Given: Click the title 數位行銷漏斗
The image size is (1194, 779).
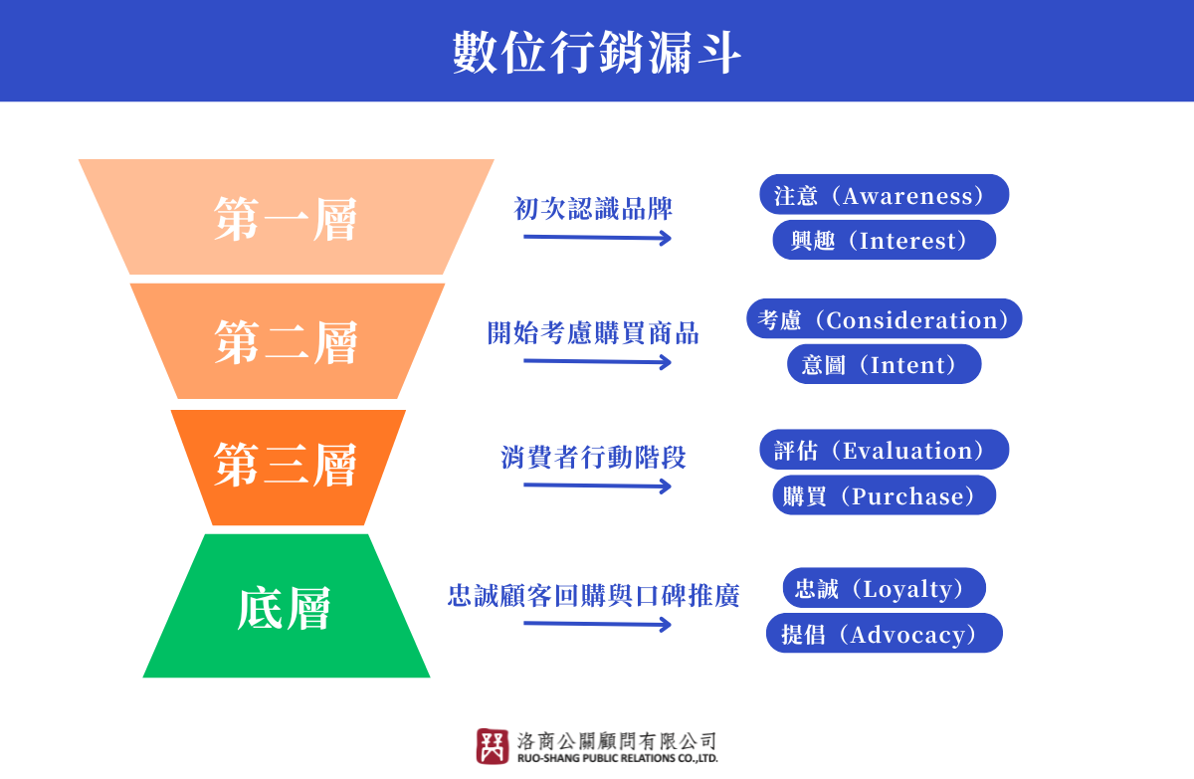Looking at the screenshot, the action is point(596,52).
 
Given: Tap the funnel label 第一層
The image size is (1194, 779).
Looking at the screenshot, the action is point(286,219).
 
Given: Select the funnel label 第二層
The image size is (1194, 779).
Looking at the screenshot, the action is point(286,342).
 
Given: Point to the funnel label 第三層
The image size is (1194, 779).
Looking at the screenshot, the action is point(286,466).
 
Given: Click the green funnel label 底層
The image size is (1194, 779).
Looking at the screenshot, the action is point(285,608).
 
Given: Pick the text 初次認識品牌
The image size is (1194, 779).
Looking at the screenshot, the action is point(593,208).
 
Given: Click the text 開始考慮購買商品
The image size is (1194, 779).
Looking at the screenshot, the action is point(593,333).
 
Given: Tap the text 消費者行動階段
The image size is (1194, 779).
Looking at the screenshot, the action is point(593,458).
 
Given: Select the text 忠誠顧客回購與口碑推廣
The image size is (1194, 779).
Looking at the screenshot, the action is point(593,595).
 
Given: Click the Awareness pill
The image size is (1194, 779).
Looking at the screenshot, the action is point(885,194).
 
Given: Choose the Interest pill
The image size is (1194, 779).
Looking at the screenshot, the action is point(885,240).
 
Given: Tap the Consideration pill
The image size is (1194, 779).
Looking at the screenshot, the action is point(885,318).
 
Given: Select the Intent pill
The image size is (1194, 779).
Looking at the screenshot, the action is point(885,364).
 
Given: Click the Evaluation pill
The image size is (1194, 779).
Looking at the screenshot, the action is point(885,449).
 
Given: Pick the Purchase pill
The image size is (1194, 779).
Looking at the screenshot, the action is point(885,495).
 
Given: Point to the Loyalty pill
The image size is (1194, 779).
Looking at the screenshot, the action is point(885,588).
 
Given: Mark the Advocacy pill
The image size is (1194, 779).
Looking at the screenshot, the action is point(885,633).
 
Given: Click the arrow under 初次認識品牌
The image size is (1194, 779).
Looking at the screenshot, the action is point(597,238).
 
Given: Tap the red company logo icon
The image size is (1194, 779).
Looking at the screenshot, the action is point(492,746).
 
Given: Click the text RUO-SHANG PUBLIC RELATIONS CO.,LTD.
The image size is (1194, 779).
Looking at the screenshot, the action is point(617,758).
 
